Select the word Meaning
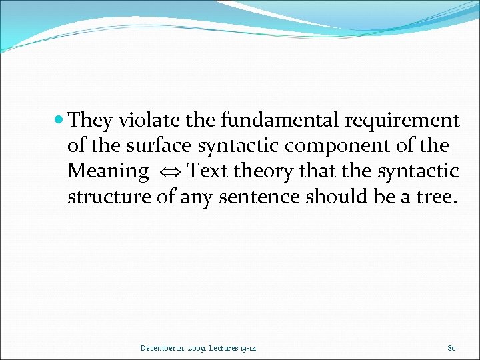pos(108,171)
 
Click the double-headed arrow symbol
pos(168,172)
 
